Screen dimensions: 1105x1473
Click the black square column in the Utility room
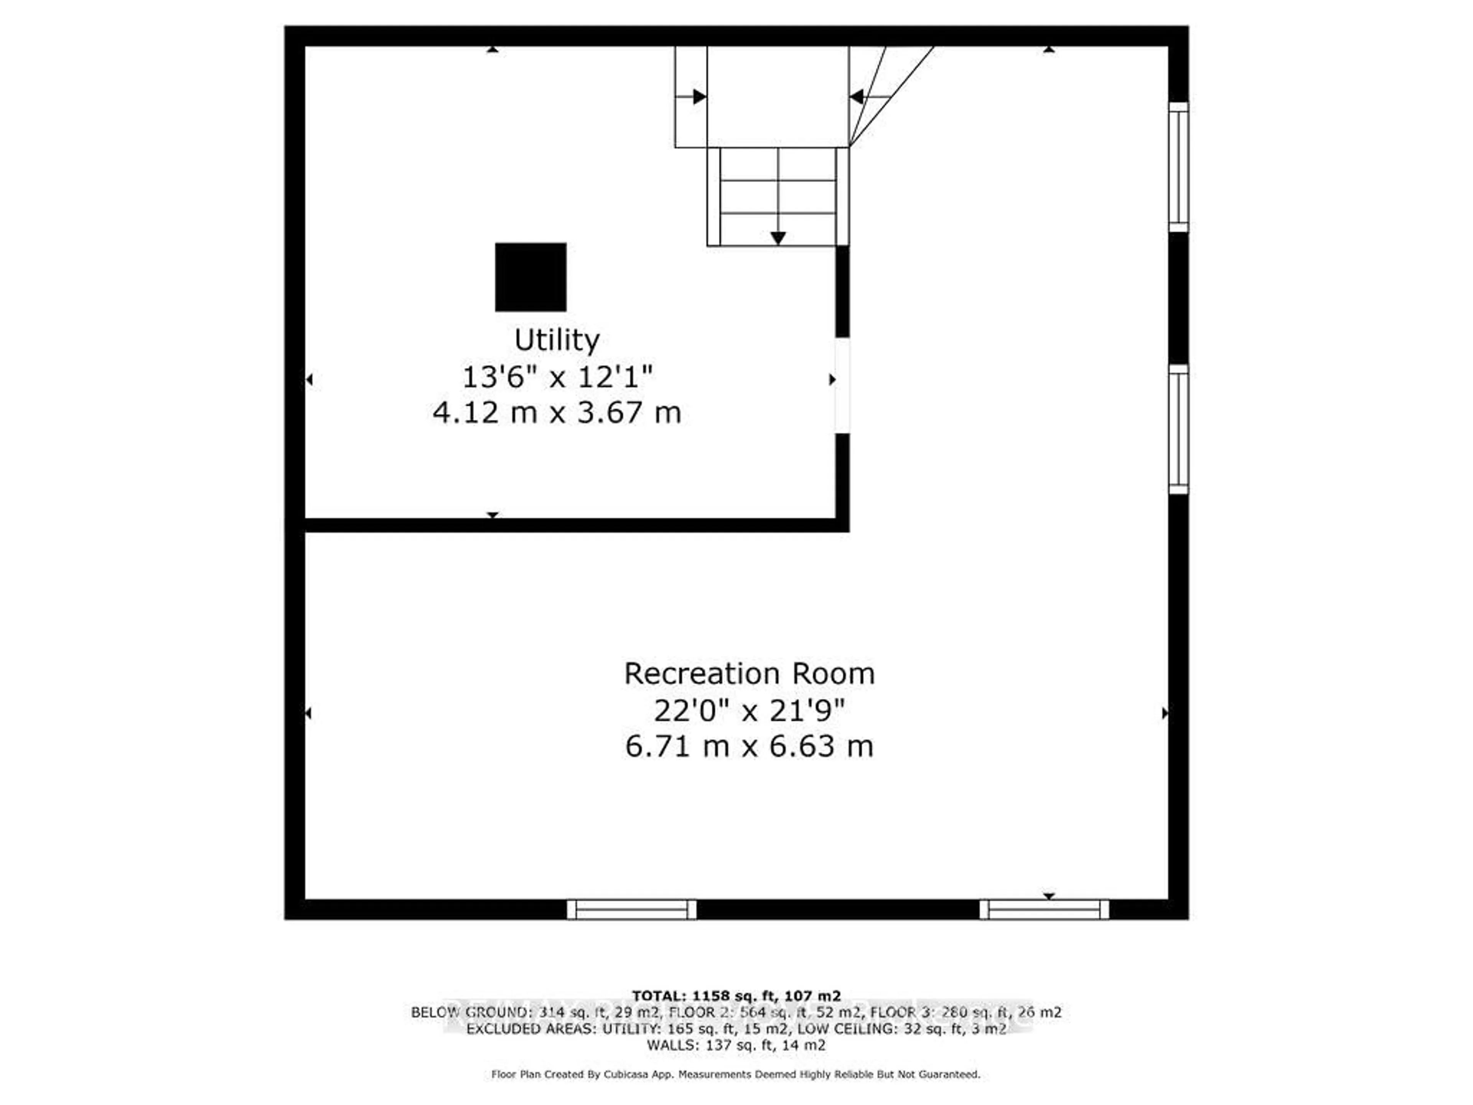pyautogui.click(x=531, y=277)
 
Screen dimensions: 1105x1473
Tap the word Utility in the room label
pyautogui.click(x=557, y=340)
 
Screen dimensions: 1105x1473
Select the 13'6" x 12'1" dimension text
pyautogui.click(x=557, y=377)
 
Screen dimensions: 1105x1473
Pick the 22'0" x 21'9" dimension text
pyautogui.click(x=749, y=711)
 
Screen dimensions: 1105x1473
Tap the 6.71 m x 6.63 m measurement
pyautogui.click(x=749, y=746)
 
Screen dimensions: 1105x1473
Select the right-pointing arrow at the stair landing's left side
pyautogui.click(x=699, y=97)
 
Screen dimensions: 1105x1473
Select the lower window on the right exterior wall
pyautogui.click(x=1178, y=430)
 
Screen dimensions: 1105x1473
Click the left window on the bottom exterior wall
pyautogui.click(x=631, y=909)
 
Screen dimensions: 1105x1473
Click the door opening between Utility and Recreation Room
pyautogui.click(x=842, y=385)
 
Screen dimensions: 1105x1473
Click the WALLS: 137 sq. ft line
pyautogui.click(x=736, y=1045)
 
